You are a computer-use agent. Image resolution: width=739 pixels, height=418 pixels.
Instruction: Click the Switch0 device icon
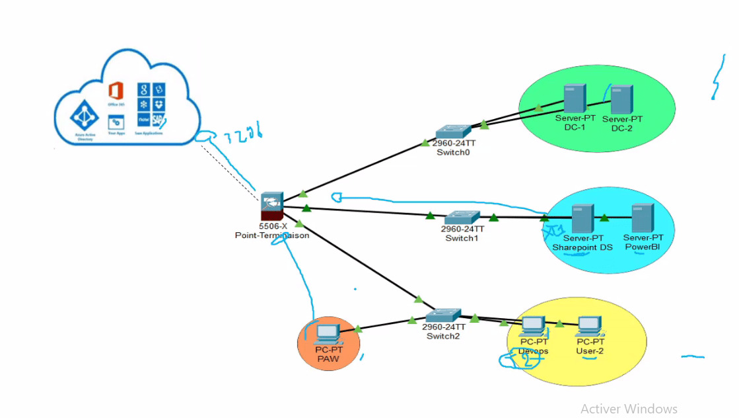(453, 132)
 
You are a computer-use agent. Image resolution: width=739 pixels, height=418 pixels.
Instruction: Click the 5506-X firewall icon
(271, 206)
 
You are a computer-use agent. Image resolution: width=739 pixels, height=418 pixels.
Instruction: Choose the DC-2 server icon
(621, 99)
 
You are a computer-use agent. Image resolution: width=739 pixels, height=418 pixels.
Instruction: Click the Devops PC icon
(533, 326)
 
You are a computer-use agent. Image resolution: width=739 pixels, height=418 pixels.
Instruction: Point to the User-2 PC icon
(589, 326)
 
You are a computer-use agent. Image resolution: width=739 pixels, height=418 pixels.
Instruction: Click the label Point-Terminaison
(271, 235)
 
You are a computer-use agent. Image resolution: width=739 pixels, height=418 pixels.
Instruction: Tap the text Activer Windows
(629, 409)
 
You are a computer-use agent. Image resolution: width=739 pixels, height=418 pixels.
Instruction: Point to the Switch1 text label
(462, 238)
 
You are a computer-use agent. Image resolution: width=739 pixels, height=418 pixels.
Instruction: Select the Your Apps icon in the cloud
(116, 123)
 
